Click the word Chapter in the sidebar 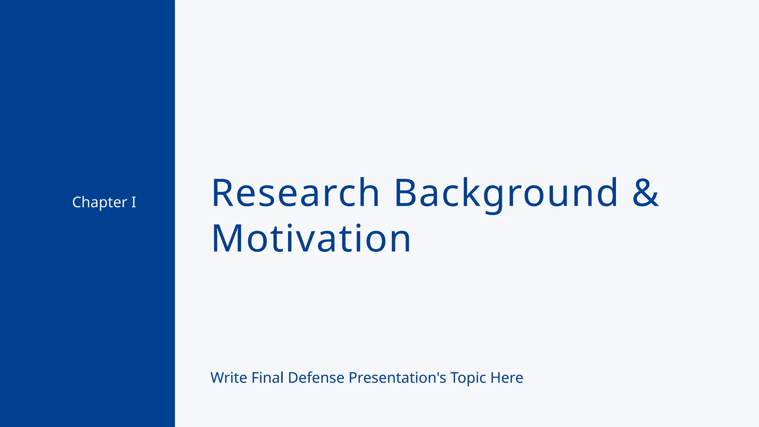[99, 202]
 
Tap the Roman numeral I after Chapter [134, 202]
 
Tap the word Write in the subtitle [229, 378]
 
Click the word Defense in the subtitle [316, 378]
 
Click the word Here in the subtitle [507, 378]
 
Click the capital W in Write [218, 378]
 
